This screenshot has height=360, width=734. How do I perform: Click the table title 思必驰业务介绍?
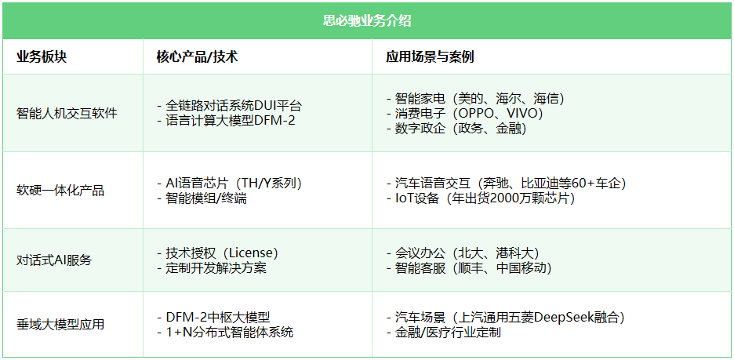[367, 21]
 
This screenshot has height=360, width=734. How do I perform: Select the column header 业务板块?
[42, 57]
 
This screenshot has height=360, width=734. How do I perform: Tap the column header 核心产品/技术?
[197, 57]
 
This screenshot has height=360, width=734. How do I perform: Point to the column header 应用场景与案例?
[430, 57]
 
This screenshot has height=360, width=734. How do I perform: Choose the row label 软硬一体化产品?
[60, 191]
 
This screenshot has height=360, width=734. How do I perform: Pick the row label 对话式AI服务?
[54, 260]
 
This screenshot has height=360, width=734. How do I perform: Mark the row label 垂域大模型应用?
[60, 325]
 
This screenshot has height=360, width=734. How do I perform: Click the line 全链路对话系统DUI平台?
[229, 105]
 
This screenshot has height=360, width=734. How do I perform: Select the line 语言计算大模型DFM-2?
[226, 121]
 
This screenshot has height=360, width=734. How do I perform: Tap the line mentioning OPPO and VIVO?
[464, 113]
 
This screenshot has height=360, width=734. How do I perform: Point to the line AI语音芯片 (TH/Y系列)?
[229, 183]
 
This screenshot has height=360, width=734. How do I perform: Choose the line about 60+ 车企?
[506, 183]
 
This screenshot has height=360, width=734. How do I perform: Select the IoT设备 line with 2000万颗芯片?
[480, 198]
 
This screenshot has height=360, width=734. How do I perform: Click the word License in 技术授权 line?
[253, 253]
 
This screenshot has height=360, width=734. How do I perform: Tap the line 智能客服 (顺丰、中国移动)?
[469, 268]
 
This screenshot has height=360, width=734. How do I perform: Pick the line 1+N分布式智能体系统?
[225, 333]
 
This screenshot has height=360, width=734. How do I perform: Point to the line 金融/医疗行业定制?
[443, 333]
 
